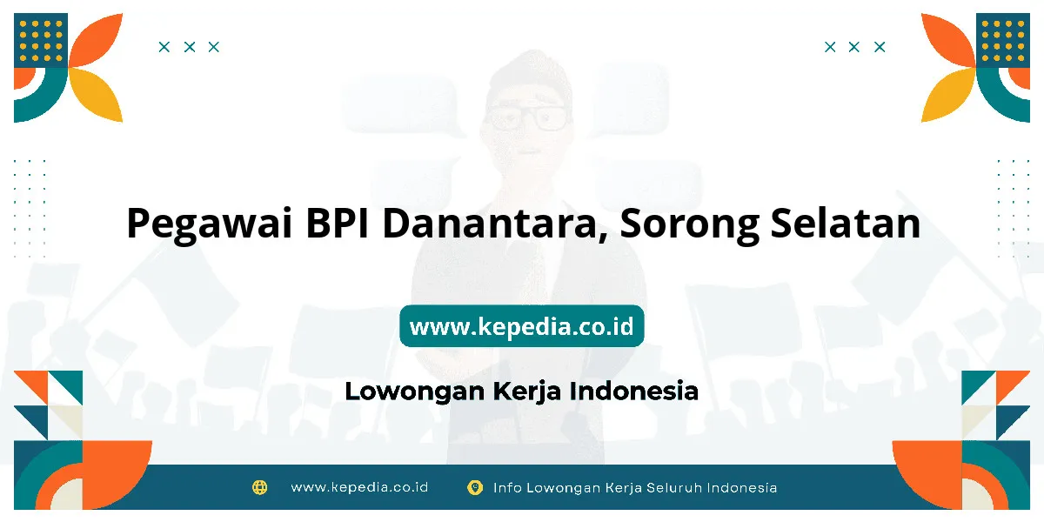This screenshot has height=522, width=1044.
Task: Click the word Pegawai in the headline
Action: click(210, 224)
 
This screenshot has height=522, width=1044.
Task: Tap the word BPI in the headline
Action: click(337, 224)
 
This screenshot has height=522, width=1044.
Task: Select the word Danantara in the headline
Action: click(495, 224)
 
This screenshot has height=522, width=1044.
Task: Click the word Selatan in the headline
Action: click(846, 224)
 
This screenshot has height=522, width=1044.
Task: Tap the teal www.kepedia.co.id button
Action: click(522, 326)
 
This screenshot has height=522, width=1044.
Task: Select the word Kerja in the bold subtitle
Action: click(526, 391)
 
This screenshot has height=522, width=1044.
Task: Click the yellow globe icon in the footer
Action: click(259, 487)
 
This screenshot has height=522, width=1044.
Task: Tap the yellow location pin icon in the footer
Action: click(475, 487)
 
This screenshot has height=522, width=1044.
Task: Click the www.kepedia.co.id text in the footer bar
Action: click(359, 487)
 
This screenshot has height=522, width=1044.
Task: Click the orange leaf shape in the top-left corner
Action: click(97, 40)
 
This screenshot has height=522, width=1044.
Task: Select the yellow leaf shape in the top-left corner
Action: click(97, 96)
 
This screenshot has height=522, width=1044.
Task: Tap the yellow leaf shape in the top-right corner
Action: click(947, 96)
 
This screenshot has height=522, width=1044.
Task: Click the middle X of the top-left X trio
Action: click(190, 47)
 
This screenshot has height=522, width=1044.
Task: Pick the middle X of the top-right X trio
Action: click(853, 47)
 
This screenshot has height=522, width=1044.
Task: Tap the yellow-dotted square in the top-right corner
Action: click(1003, 40)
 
